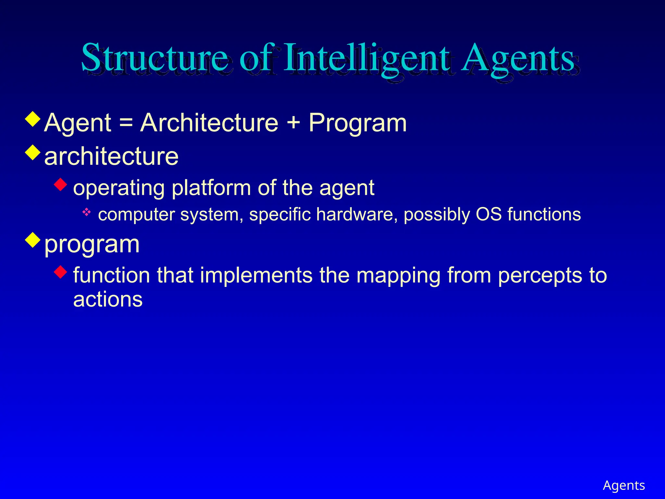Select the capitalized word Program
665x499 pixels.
pyautogui.click(x=358, y=123)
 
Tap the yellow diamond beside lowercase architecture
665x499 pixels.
pyautogui.click(x=33, y=152)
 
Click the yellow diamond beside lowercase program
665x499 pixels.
pyautogui.click(x=33, y=240)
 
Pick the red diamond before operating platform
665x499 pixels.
pyautogui.click(x=60, y=185)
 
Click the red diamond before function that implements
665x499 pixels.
pyautogui.click(x=60, y=272)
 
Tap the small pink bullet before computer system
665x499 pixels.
pyautogui.click(x=86, y=213)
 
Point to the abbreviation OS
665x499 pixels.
pyautogui.click(x=489, y=214)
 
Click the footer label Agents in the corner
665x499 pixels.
pyautogui.click(x=624, y=485)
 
